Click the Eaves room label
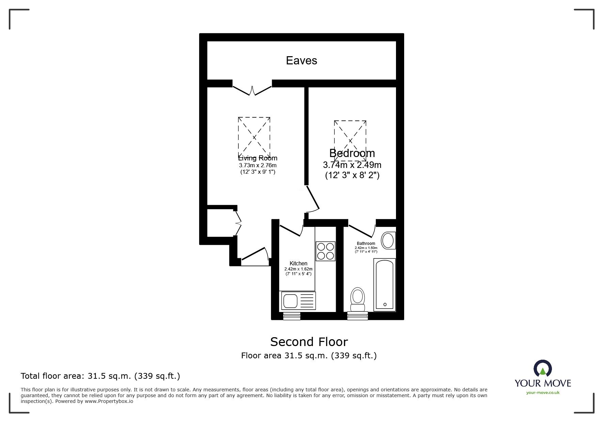click(x=301, y=61)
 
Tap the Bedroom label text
click(x=352, y=153)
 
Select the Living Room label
click(x=258, y=158)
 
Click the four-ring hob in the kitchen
click(x=325, y=251)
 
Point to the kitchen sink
click(x=290, y=301)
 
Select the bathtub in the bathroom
click(x=385, y=285)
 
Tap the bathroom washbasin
click(x=388, y=240)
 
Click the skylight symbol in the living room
click(x=254, y=137)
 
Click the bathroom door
click(x=361, y=231)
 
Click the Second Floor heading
click(x=309, y=342)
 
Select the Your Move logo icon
click(x=542, y=369)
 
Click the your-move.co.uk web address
click(x=543, y=393)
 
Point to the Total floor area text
click(x=100, y=376)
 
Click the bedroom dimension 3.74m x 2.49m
click(x=352, y=165)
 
